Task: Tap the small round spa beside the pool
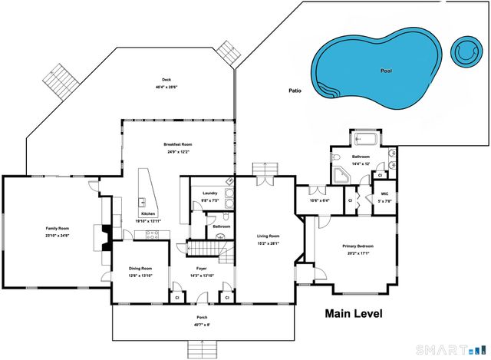click(466, 51)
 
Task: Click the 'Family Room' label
click(57, 229)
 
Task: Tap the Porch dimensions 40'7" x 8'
click(201, 325)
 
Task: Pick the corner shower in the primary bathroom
click(340, 176)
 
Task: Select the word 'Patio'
click(295, 91)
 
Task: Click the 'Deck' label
click(166, 80)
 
